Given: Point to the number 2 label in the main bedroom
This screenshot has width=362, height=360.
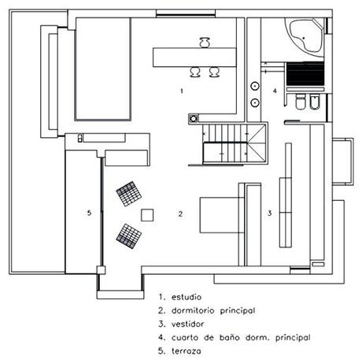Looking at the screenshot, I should (x=180, y=213).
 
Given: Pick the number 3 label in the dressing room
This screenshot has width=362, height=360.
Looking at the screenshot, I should (x=269, y=213).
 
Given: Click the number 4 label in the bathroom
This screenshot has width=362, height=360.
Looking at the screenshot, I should (x=275, y=91).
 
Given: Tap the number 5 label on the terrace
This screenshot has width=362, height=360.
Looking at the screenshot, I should (x=89, y=213).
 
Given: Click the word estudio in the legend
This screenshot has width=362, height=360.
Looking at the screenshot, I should (x=187, y=298).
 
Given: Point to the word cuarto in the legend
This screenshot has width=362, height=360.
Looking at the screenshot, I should (x=184, y=337).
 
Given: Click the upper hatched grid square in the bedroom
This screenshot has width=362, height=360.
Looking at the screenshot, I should (x=127, y=194).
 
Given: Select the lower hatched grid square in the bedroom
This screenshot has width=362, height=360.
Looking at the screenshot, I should (x=127, y=234).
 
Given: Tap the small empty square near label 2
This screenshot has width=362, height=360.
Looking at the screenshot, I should (x=147, y=213).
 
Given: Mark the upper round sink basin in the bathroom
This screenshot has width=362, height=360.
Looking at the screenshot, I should (x=256, y=85).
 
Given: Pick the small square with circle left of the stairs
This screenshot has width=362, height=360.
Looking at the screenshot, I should (x=193, y=119).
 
